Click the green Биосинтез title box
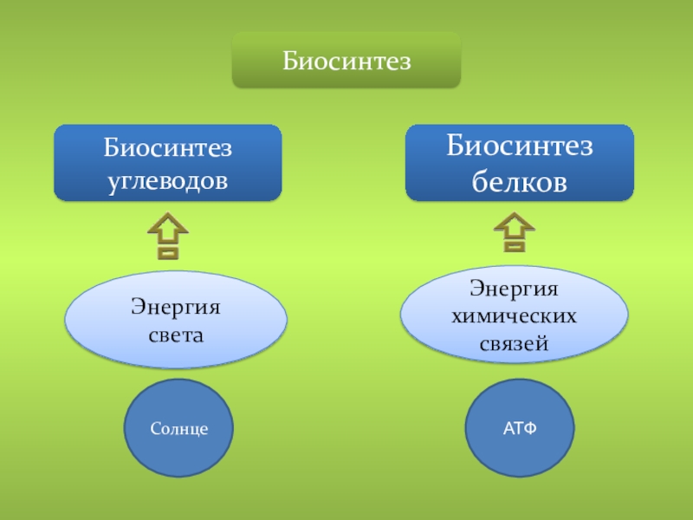[346, 61]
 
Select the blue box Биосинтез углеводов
[168, 163]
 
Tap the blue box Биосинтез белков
[520, 163]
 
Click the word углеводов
[168, 181]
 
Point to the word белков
[520, 182]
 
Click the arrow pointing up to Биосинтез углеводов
[168, 238]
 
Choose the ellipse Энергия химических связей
[515, 313]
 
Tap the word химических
[515, 314]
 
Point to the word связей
[515, 342]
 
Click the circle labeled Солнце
[178, 428]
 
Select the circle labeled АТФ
[520, 428]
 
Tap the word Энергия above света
[176, 306]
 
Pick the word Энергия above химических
[515, 286]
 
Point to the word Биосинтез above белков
[520, 146]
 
